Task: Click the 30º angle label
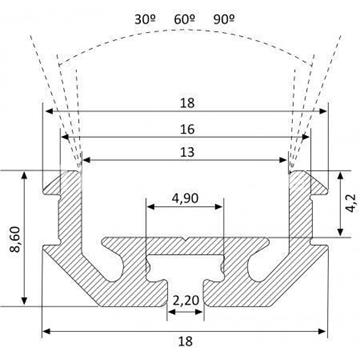pos(146,19)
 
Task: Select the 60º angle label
pos(185,19)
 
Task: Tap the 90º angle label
pos(224,19)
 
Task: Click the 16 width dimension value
pos(188,129)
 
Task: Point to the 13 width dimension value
pos(188,152)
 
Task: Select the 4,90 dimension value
pos(185,199)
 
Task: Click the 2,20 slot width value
pos(186,300)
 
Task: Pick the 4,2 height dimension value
pos(351,204)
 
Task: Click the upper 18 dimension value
pos(188,103)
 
